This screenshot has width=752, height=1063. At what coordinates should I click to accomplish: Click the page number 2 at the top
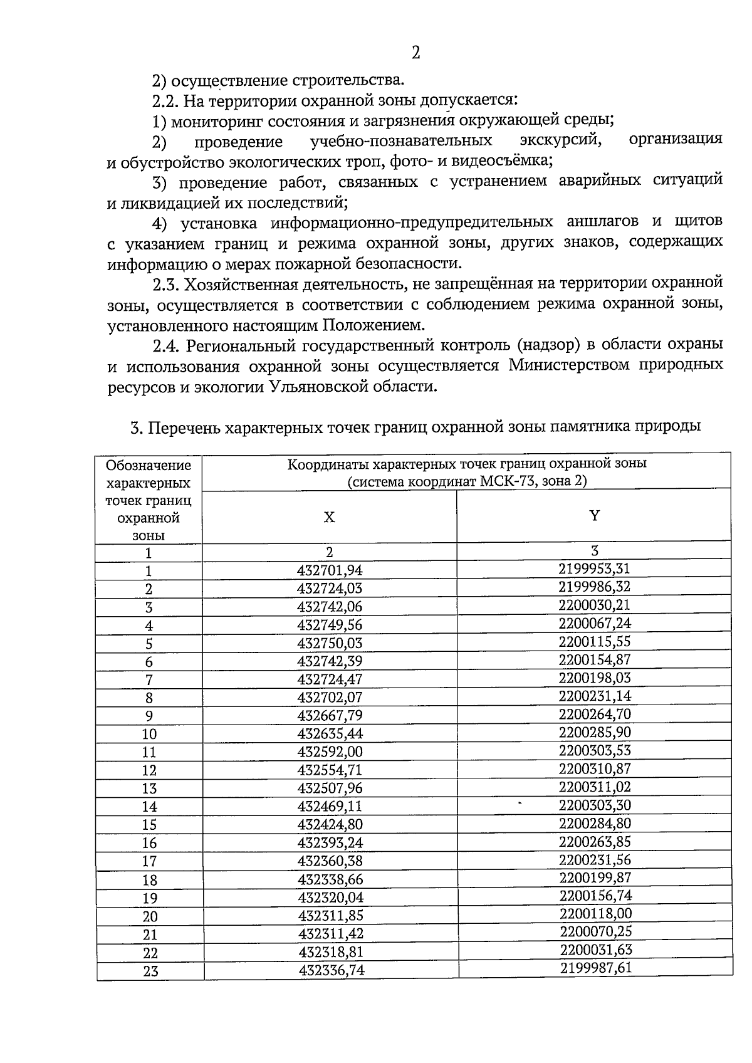[415, 53]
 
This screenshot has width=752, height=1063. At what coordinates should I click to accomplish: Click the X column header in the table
[329, 517]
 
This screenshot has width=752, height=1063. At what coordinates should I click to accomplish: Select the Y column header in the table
[594, 515]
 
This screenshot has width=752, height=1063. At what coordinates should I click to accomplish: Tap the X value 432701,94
[330, 570]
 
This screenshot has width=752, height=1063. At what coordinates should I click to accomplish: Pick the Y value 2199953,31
[594, 568]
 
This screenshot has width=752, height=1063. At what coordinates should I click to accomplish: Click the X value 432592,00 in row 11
[330, 751]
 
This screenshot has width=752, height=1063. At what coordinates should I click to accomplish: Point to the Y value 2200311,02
[595, 787]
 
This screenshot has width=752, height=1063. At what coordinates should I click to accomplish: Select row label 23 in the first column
[150, 971]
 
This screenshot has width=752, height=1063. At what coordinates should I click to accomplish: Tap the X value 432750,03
[330, 643]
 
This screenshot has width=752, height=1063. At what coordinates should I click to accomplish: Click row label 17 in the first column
[149, 862]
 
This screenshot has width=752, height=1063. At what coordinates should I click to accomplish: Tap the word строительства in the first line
[347, 80]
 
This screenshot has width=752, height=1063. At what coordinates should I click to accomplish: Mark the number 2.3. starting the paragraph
[166, 284]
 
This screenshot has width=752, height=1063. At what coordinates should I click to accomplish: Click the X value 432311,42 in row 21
[330, 934]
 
